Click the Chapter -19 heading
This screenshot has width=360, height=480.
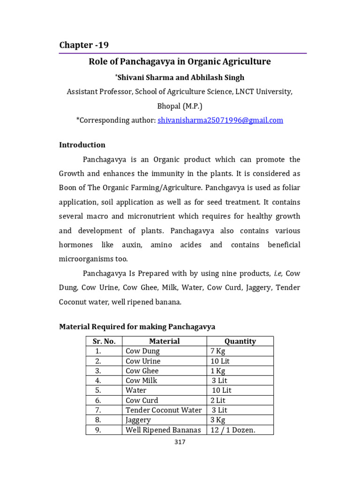[x=84, y=45]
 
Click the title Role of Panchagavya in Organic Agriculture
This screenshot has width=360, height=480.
[x=180, y=61]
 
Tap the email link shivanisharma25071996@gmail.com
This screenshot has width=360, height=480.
[x=220, y=120]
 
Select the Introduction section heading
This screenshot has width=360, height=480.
[x=82, y=145]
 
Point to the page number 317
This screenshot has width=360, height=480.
[x=180, y=442]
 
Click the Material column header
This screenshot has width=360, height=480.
[x=164, y=341]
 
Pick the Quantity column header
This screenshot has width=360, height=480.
[x=240, y=341]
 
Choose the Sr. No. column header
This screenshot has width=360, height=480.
[x=104, y=341]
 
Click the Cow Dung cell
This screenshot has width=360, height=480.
[x=143, y=351]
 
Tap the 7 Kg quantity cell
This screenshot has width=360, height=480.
[x=218, y=351]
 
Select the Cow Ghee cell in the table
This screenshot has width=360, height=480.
[x=142, y=371]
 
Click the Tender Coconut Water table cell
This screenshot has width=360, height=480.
[x=164, y=410]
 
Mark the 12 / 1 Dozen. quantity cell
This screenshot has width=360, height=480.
[x=233, y=430]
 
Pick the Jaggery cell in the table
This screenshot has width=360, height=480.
[x=138, y=420]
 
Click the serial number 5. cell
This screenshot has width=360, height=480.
[x=98, y=390]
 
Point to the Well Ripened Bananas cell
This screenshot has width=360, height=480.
[x=163, y=430]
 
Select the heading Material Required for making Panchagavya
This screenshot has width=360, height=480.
[x=137, y=326]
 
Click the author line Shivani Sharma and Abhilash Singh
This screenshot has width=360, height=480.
[x=180, y=77]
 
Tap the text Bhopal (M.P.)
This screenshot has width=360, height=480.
[x=180, y=106]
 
